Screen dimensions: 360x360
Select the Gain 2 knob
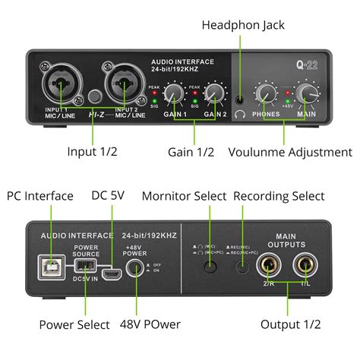215,93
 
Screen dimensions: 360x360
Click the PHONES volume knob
266,93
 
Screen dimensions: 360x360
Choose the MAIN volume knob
308,93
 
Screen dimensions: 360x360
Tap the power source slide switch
85,267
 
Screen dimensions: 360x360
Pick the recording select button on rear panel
243,267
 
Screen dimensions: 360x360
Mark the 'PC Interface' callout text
40,196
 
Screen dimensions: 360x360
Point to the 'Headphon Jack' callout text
243,25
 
